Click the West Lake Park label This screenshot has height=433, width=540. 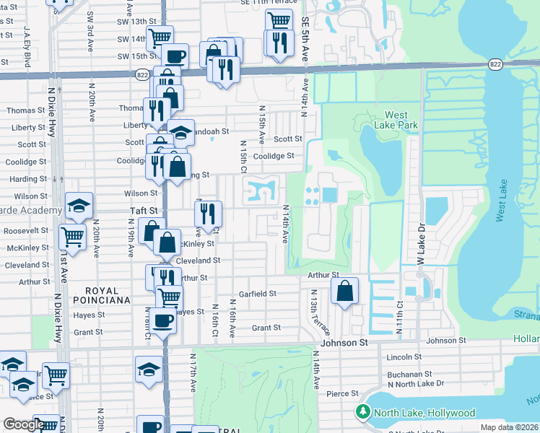(x=396, y=120)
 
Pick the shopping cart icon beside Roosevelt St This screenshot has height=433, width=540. (x=72, y=235)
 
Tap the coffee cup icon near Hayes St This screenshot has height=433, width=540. (x=164, y=320)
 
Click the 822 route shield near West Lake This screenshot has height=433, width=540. (x=495, y=64)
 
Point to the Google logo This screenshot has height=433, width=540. (x=23, y=424)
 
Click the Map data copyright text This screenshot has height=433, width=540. (x=508, y=427)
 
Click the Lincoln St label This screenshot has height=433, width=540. (x=404, y=357)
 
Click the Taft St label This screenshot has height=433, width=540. (x=143, y=210)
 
